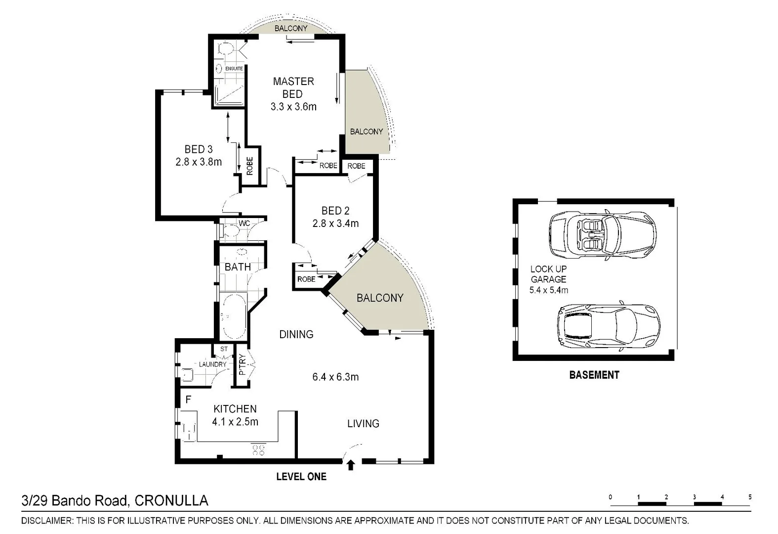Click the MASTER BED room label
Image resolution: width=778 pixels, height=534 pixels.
pyautogui.click(x=293, y=88)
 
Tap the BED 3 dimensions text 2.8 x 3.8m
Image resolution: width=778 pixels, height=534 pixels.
pyautogui.click(x=199, y=162)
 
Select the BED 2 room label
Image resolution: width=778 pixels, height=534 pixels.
pyautogui.click(x=335, y=211)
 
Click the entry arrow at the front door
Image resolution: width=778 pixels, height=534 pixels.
pyautogui.click(x=351, y=465)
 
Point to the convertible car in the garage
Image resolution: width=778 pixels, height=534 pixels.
pyautogui.click(x=603, y=235)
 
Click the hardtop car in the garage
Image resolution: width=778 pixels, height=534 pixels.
pyautogui.click(x=609, y=326)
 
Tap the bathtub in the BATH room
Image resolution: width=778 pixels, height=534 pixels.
pyautogui.click(x=233, y=316)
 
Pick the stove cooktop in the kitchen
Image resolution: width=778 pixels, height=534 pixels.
pyautogui.click(x=258, y=449)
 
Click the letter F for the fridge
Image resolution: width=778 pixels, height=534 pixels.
pyautogui.click(x=189, y=400)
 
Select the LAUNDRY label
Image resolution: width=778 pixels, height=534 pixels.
pyautogui.click(x=212, y=364)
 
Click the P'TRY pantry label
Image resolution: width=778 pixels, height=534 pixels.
pyautogui.click(x=243, y=365)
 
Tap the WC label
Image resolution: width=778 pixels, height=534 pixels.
pyautogui.click(x=245, y=223)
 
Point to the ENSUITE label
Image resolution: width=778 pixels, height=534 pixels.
pyautogui.click(x=234, y=69)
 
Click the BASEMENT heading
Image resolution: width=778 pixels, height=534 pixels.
pyautogui.click(x=594, y=375)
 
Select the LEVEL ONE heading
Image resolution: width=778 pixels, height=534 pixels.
pyautogui.click(x=301, y=477)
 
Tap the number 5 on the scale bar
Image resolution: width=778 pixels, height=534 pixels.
pyautogui.click(x=750, y=497)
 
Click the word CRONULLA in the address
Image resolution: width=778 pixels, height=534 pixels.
pyautogui.click(x=171, y=500)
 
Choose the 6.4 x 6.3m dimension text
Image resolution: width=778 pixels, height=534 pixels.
pyautogui.click(x=335, y=377)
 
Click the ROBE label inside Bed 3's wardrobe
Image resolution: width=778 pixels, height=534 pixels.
pyautogui.click(x=250, y=166)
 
